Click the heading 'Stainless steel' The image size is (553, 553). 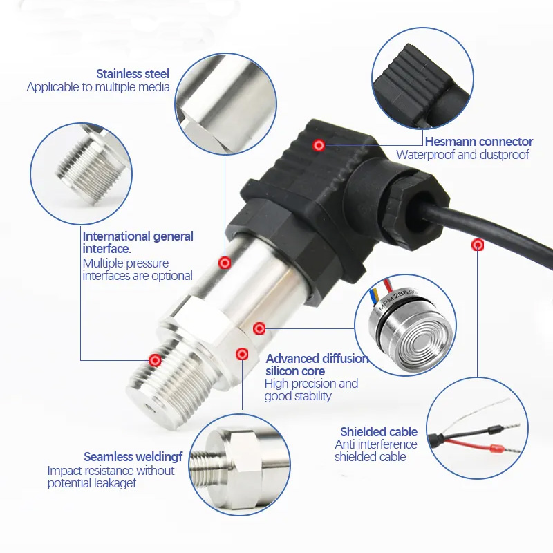point(133,74)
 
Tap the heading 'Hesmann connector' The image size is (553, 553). point(479,142)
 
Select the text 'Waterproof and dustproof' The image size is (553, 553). point(462,154)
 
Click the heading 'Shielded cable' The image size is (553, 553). point(379,431)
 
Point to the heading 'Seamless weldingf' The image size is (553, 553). point(133,457)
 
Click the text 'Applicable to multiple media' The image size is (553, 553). point(98,87)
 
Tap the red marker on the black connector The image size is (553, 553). point(319,145)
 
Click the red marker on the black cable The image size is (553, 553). point(478,245)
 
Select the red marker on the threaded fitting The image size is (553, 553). point(155,360)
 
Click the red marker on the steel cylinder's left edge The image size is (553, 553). point(225,263)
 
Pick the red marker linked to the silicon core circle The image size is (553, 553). point(259,329)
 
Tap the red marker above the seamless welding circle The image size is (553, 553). point(242,354)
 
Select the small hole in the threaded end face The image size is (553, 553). point(151,409)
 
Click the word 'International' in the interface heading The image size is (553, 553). point(113,236)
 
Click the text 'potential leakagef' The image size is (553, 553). point(92,483)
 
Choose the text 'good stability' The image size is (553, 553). point(298,396)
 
